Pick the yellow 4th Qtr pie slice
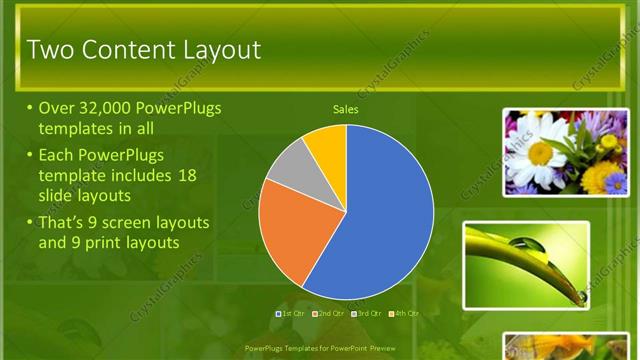(x=327, y=146)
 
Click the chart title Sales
(x=345, y=110)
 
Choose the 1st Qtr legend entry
(x=291, y=314)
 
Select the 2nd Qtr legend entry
(x=329, y=314)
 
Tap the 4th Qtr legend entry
(x=403, y=314)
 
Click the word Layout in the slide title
(x=214, y=50)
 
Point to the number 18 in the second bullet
(x=186, y=175)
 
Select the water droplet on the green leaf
(x=523, y=242)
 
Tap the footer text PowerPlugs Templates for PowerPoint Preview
(x=320, y=349)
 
